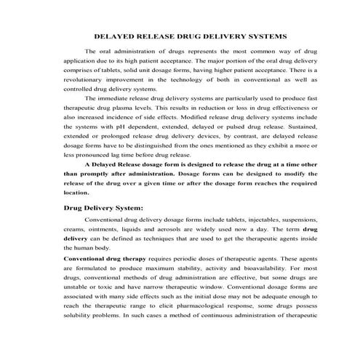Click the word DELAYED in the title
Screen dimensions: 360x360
(116, 35)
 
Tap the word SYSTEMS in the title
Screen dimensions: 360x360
(268, 35)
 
